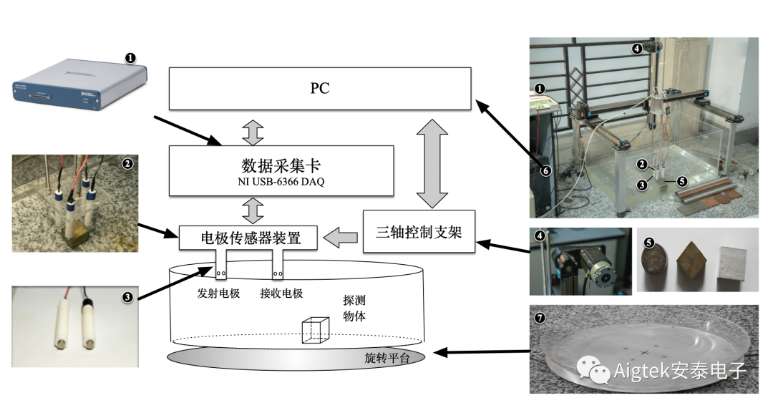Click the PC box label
(x=320, y=89)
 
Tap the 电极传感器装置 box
(x=248, y=238)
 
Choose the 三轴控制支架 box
(x=419, y=232)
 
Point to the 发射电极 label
(x=218, y=293)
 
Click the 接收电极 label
(x=281, y=293)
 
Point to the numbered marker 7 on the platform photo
(x=540, y=315)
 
